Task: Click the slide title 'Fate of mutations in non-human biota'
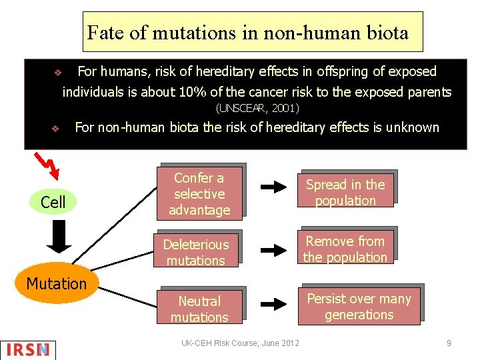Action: (x=248, y=32)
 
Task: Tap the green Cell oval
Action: (x=53, y=202)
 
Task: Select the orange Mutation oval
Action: (x=57, y=284)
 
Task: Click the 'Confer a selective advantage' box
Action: (x=199, y=194)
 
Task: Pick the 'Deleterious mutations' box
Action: (x=195, y=253)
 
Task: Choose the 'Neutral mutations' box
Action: (x=199, y=309)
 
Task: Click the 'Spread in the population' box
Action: (x=345, y=193)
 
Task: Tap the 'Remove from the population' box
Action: (x=345, y=249)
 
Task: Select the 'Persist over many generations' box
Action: (x=359, y=307)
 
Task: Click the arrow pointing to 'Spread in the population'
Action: (x=272, y=187)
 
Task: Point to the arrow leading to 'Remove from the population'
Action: (x=272, y=251)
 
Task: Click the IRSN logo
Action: (x=29, y=349)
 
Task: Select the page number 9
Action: (x=449, y=343)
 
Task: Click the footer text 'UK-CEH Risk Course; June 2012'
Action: (x=240, y=343)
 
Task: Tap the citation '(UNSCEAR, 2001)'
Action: (x=258, y=108)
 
